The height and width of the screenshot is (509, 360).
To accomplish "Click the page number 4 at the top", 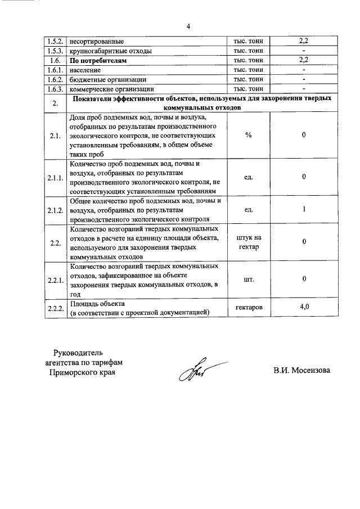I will tap(189, 25).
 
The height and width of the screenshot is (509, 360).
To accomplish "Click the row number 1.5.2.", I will tap(56, 42).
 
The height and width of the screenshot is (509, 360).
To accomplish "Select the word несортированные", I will tap(96, 42).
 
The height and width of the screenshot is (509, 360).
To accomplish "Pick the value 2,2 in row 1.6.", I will tap(304, 60).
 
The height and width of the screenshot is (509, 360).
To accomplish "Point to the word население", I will tap(85, 70).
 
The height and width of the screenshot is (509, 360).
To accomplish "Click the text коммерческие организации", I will tap(111, 89).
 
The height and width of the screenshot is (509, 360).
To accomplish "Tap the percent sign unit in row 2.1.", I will tap(248, 136).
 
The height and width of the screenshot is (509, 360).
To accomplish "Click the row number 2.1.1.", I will tap(56, 178).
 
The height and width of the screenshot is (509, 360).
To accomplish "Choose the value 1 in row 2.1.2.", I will tap(304, 210).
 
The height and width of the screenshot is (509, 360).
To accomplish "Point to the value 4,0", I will tap(304, 307).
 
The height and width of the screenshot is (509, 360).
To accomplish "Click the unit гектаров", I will tap(248, 308).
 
